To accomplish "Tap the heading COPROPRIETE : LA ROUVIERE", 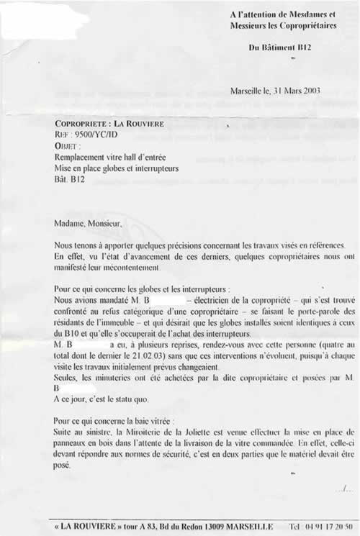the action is click(109, 124).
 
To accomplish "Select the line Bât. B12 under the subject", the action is click(70, 179).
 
